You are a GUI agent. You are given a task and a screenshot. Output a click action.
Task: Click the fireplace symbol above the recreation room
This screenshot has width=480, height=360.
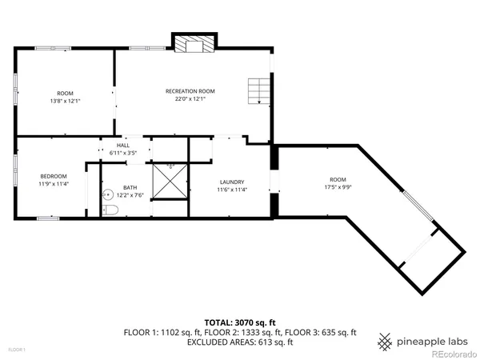(x=193, y=45)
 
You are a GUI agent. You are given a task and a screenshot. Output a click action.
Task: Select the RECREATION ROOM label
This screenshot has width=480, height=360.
(x=190, y=91)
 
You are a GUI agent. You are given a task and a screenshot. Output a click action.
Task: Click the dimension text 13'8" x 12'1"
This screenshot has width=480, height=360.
(x=65, y=100)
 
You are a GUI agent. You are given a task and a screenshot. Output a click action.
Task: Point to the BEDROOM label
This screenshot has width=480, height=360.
(x=54, y=175)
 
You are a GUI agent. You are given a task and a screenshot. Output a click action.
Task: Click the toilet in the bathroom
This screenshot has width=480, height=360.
(x=110, y=210)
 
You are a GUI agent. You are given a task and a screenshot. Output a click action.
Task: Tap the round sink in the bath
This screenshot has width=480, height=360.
(x=105, y=194)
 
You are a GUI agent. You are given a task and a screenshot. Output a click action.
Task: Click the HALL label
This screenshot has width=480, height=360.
(x=123, y=145)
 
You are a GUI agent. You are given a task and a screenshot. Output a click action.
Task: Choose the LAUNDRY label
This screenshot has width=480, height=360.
(x=231, y=182)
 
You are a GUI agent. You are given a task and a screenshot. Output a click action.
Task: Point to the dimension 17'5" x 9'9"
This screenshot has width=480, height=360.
(x=338, y=187)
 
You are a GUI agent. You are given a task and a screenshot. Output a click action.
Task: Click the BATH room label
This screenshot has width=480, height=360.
(x=130, y=187)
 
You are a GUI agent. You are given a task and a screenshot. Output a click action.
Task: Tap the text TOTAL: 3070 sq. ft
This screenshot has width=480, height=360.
(x=239, y=322)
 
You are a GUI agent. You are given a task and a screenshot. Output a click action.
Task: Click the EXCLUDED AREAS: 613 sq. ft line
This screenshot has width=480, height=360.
(x=239, y=342)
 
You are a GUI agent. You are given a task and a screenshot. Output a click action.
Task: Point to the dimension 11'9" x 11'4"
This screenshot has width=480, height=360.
(x=54, y=183)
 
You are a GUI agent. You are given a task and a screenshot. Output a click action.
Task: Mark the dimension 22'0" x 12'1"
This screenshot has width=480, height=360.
(x=190, y=99)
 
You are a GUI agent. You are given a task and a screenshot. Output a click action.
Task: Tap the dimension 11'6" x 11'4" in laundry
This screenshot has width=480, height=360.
(x=231, y=190)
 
